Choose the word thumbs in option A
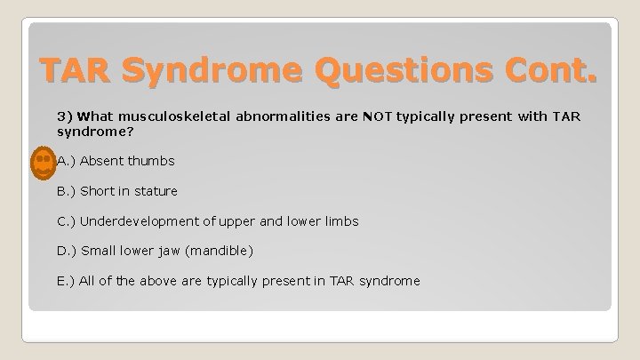152,161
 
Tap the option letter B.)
67,191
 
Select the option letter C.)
67,221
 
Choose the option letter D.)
67,252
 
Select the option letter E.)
67,282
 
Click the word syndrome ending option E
389,282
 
